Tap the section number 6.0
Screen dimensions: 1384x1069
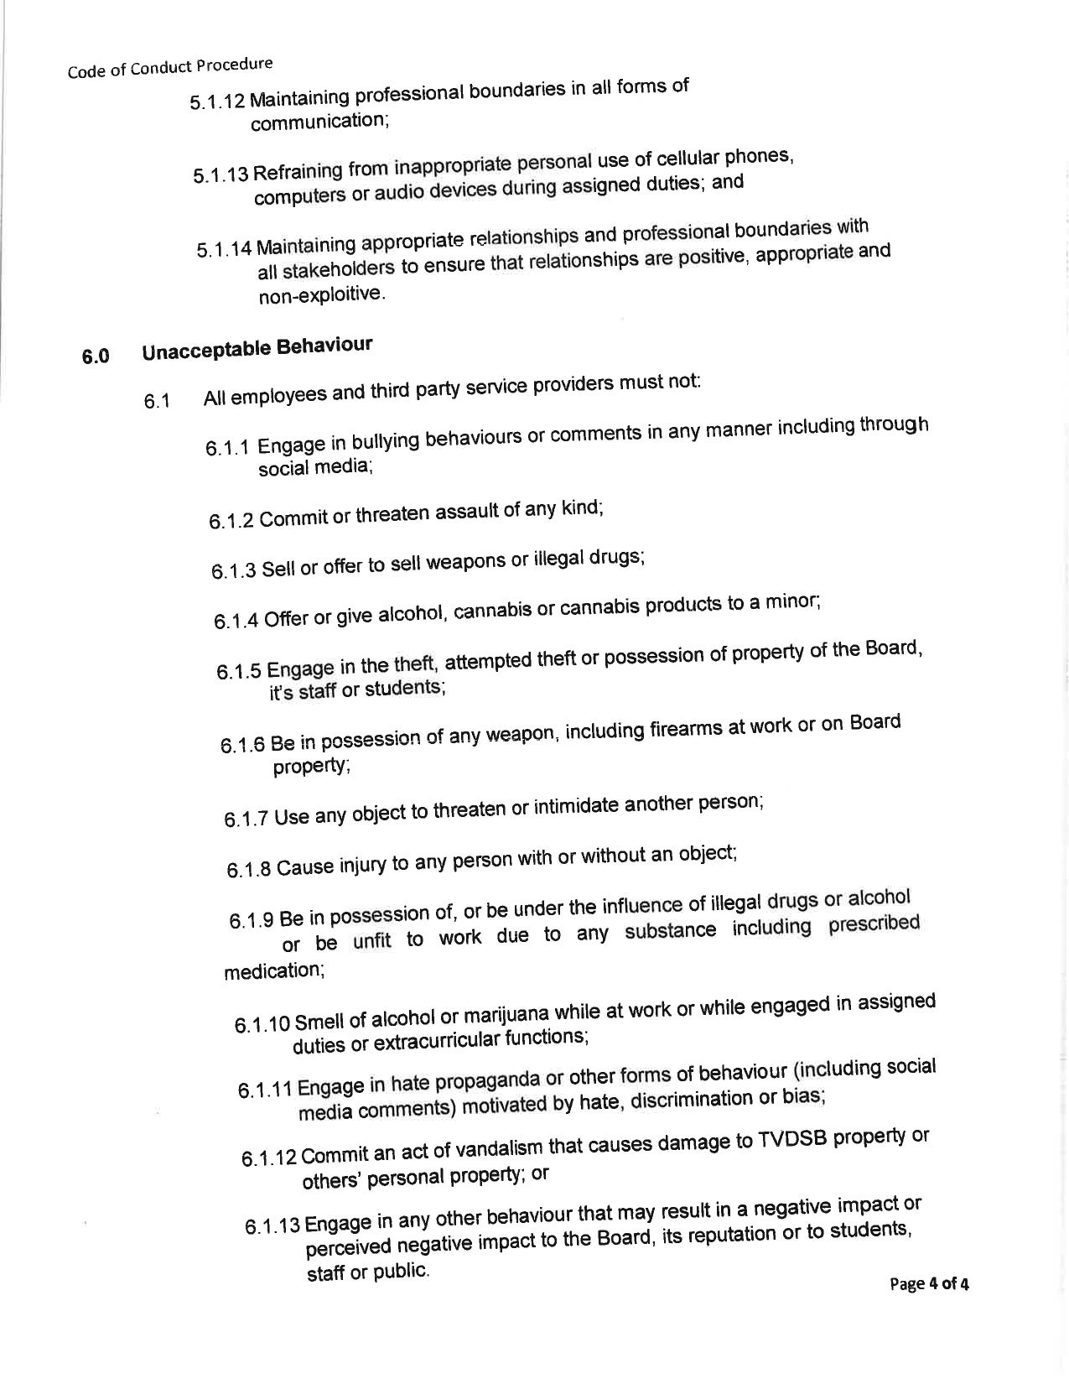click(96, 356)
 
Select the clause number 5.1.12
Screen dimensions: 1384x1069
click(217, 101)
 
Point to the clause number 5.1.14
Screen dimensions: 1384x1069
click(224, 250)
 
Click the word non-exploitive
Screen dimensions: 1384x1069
click(321, 294)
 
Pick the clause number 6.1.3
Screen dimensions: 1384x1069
click(234, 571)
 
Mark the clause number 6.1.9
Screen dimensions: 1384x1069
click(252, 920)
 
